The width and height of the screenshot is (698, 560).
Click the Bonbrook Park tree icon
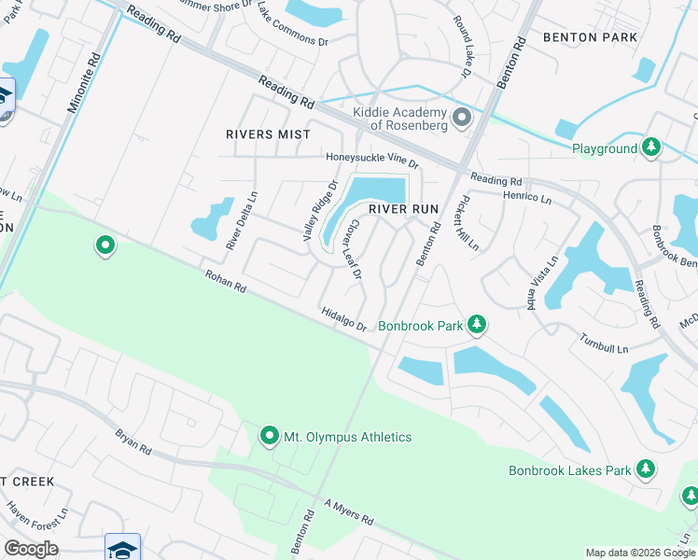(x=477, y=325)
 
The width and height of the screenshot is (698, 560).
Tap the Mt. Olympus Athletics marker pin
(x=270, y=436)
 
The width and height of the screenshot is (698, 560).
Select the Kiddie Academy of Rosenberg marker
(x=461, y=118)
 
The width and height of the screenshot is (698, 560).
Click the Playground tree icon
(x=651, y=147)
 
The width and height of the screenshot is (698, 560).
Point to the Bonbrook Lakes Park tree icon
(x=645, y=469)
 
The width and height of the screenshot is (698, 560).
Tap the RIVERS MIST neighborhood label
(x=268, y=134)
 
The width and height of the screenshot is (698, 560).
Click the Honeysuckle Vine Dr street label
(x=372, y=160)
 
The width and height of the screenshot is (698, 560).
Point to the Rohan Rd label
(x=226, y=281)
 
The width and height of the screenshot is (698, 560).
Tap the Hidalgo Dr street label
(x=343, y=319)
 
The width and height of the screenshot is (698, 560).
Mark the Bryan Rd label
(x=133, y=441)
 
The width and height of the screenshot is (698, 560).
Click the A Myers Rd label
(x=348, y=511)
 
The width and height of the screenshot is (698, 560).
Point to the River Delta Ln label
(x=241, y=220)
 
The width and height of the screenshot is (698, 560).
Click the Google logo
(x=31, y=548)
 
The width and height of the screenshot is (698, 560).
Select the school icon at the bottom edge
(x=122, y=547)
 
